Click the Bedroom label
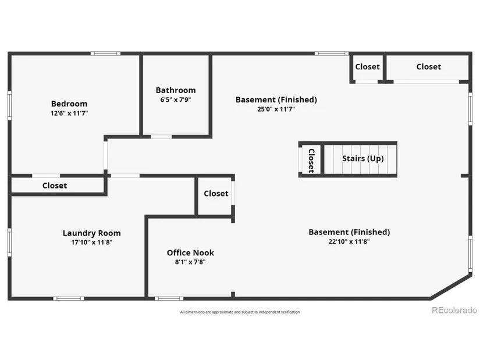point(69,104)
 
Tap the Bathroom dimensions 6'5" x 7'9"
point(176,100)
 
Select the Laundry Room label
point(92,233)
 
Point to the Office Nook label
point(190,253)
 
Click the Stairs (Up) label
point(362,159)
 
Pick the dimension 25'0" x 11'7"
point(276,109)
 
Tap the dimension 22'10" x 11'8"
point(349,241)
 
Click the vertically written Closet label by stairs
point(311,161)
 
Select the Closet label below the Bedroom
point(55,186)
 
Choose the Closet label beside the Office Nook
point(216,194)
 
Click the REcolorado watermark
point(454,311)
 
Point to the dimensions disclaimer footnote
point(240,312)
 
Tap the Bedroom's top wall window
point(106,54)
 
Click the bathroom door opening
point(161,137)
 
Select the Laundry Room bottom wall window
point(69,298)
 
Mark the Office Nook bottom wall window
point(169,298)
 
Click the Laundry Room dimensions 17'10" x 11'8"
point(92,243)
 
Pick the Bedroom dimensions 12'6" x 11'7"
point(69,113)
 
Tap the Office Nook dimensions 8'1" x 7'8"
point(190,262)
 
